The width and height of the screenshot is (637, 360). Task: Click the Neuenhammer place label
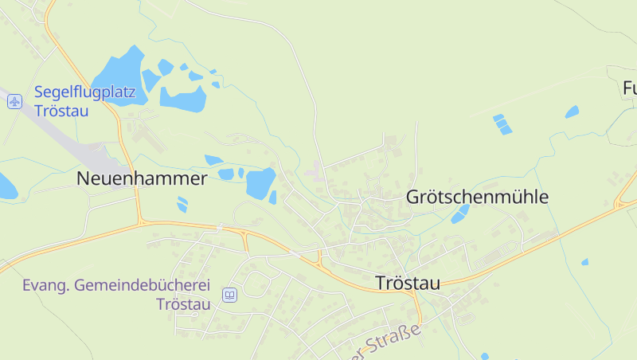point(142,178)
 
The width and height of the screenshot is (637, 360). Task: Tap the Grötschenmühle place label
point(477,197)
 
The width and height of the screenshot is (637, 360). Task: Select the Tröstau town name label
point(407,283)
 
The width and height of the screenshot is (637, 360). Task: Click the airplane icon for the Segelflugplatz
point(14,101)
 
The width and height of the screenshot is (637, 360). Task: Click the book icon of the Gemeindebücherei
point(229,295)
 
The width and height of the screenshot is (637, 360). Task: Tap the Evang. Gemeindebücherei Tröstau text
point(115,295)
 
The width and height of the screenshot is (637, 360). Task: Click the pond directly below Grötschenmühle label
point(460,213)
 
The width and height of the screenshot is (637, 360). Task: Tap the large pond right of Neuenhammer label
point(260,182)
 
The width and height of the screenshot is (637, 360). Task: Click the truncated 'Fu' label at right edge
point(629,88)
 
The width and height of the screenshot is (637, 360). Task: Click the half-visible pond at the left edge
point(6,186)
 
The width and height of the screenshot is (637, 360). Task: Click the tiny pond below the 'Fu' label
point(572,112)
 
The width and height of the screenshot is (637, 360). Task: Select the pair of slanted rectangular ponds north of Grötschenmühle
point(502,124)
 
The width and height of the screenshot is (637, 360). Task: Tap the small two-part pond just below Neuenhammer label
point(182,204)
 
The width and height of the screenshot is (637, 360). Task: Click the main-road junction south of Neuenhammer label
point(142,221)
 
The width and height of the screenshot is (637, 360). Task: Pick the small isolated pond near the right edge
point(584,261)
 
